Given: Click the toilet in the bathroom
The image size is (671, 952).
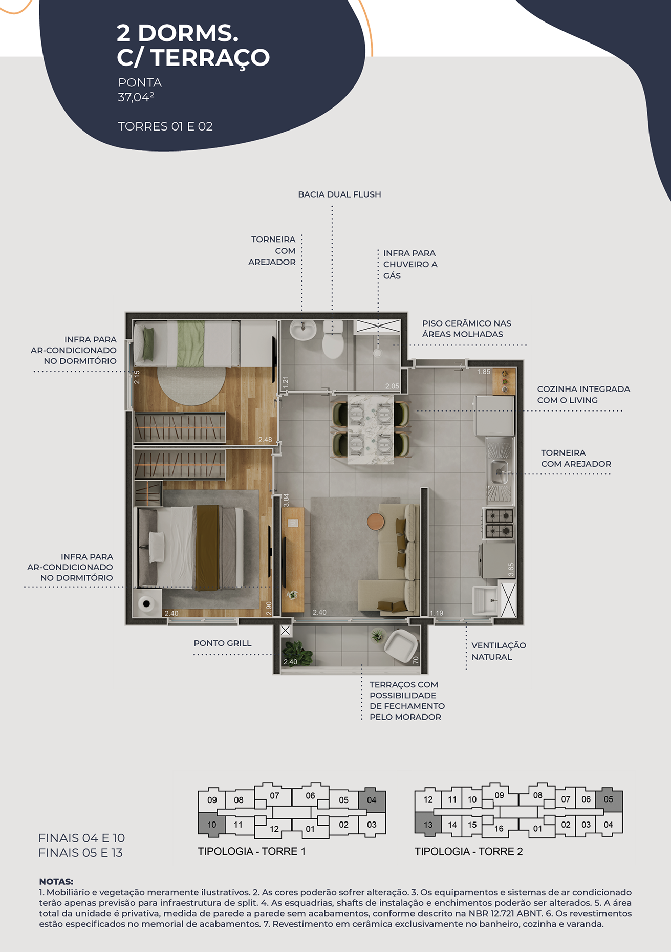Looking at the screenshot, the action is pos(333,340).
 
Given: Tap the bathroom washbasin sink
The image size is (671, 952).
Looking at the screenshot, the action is pos(303,330).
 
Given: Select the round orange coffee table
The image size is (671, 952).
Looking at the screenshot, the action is pos(376,522).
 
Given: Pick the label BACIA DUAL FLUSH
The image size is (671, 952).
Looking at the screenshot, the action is pos(339,194).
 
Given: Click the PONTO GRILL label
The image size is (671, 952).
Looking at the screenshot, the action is pos(223,643).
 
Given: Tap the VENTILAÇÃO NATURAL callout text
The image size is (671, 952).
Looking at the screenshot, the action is pos(499,651).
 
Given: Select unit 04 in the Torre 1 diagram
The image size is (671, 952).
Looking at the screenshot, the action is pos(372,800).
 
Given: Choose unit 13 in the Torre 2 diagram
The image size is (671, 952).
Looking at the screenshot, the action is pos(428,825).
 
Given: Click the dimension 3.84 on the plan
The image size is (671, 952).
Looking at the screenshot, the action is pos(286,500).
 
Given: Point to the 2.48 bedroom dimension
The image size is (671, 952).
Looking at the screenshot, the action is pos(265,440).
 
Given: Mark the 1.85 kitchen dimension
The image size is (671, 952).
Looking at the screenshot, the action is pos(484,372).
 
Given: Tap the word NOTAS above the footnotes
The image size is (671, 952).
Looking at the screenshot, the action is pos(56,882).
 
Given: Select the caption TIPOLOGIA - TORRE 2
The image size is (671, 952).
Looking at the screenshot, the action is pos(469,851).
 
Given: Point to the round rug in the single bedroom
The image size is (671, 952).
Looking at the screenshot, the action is pos(191,386).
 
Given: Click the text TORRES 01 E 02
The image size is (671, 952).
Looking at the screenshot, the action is pos(165,126).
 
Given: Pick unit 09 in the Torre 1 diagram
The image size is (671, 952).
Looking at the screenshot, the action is pos(212,800).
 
